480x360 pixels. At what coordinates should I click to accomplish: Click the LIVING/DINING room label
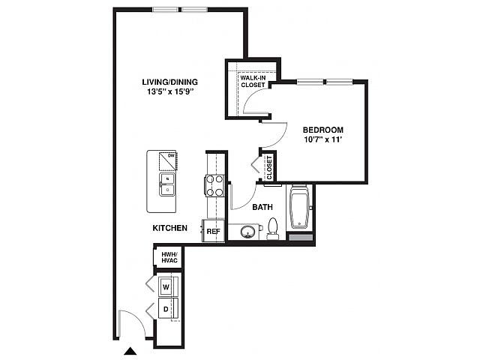click(x=170, y=82)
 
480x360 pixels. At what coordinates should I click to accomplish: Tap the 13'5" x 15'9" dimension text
click(x=171, y=91)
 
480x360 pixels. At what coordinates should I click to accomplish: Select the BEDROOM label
click(x=323, y=130)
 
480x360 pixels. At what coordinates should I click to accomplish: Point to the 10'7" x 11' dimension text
click(x=323, y=139)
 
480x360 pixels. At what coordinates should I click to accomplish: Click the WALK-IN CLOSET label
click(x=253, y=82)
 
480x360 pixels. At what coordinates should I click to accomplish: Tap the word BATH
click(x=262, y=207)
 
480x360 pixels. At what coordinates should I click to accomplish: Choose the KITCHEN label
click(x=170, y=228)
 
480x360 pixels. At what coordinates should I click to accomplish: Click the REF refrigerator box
click(x=213, y=231)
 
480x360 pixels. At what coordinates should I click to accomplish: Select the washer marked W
click(x=166, y=286)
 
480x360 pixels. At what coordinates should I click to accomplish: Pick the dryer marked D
click(x=166, y=309)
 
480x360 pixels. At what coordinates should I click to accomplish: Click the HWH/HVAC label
click(x=169, y=257)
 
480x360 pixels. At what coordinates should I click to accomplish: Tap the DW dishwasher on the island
click(x=168, y=160)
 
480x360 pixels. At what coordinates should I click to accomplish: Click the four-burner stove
click(x=214, y=185)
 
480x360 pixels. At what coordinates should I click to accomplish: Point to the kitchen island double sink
click(x=167, y=184)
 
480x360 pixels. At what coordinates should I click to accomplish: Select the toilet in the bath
click(x=272, y=228)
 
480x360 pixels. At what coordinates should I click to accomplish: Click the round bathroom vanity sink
click(x=247, y=232)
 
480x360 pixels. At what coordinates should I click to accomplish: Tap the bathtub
click(x=300, y=207)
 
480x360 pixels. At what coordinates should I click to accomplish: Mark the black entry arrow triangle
click(x=130, y=351)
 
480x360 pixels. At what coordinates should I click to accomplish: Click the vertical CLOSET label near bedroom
click(x=269, y=168)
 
